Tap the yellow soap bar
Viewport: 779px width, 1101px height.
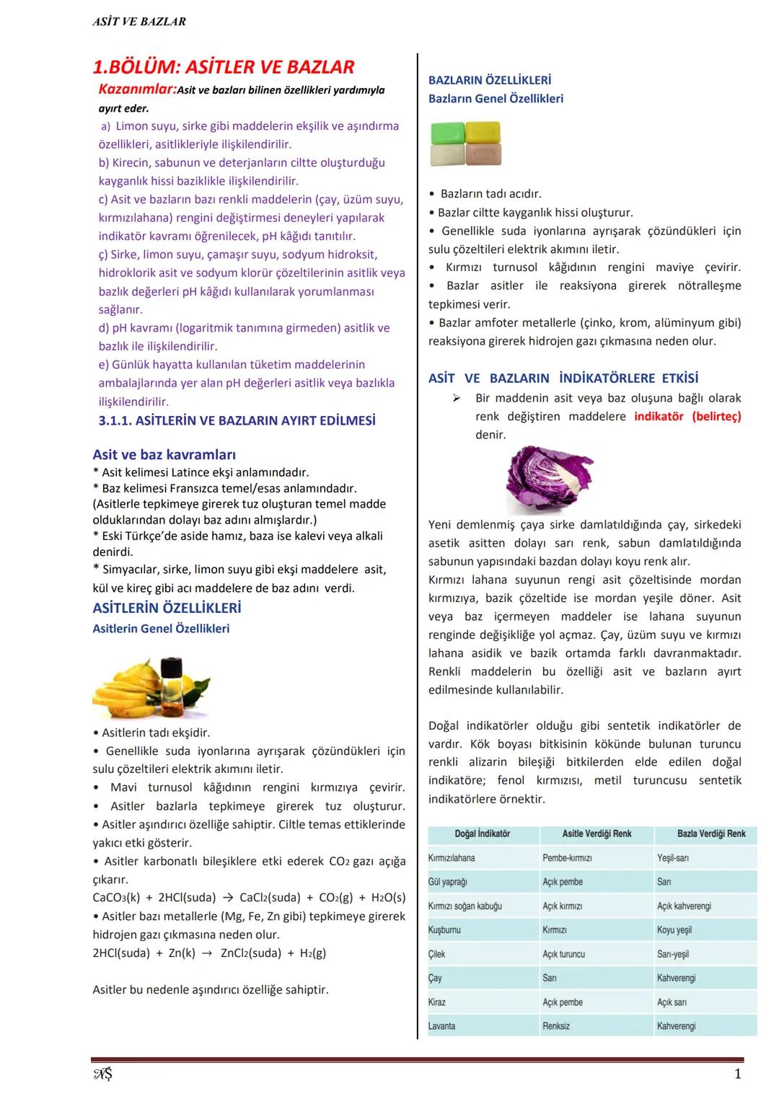point(483,132)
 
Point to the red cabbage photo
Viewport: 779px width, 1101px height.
point(548,477)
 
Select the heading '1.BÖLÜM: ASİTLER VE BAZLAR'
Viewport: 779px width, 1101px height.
point(224,68)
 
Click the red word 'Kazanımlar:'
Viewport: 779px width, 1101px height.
point(137,90)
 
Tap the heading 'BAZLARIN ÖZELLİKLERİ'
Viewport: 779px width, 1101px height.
point(490,80)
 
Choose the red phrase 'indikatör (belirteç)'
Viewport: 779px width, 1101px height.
point(687,416)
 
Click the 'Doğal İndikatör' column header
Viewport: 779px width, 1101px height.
point(483,834)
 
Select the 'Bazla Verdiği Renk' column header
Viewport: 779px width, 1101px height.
point(711,834)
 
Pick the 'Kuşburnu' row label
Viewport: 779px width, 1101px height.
point(444,930)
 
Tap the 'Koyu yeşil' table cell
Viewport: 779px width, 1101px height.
point(674,930)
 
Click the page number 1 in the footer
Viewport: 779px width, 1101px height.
point(737,1074)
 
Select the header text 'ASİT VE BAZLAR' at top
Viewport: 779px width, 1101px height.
point(139,22)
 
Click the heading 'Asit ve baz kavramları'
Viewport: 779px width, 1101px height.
point(164,454)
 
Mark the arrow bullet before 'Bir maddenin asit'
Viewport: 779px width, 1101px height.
point(456,398)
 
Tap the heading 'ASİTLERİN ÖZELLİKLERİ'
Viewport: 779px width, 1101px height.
point(167,608)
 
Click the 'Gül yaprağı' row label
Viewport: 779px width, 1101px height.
point(448,882)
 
